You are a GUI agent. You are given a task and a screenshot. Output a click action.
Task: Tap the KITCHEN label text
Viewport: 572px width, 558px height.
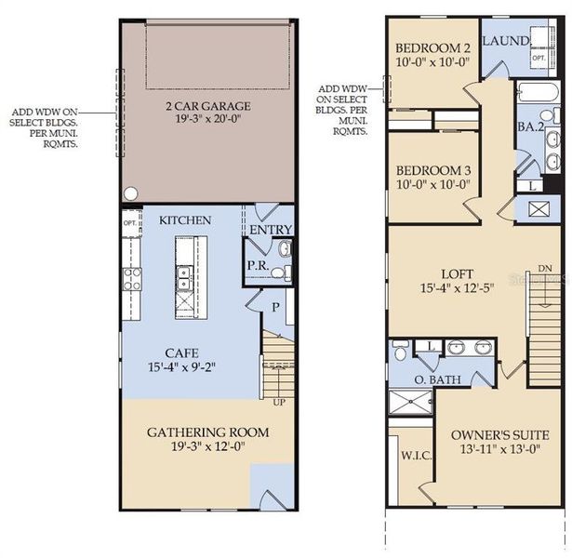point(185,219)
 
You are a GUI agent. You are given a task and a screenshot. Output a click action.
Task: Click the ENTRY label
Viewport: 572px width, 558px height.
point(271,230)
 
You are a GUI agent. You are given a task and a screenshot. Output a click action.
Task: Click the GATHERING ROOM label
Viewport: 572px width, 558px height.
point(207,432)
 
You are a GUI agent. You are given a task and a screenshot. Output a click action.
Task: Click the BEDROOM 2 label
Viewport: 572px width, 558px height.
point(432,48)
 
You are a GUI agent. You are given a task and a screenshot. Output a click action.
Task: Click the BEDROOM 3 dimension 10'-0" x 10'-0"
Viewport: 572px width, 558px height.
point(432,184)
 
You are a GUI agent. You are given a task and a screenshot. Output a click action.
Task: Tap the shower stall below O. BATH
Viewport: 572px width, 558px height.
point(410,402)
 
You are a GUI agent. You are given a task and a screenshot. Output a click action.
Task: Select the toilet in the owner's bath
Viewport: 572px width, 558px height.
point(399,352)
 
